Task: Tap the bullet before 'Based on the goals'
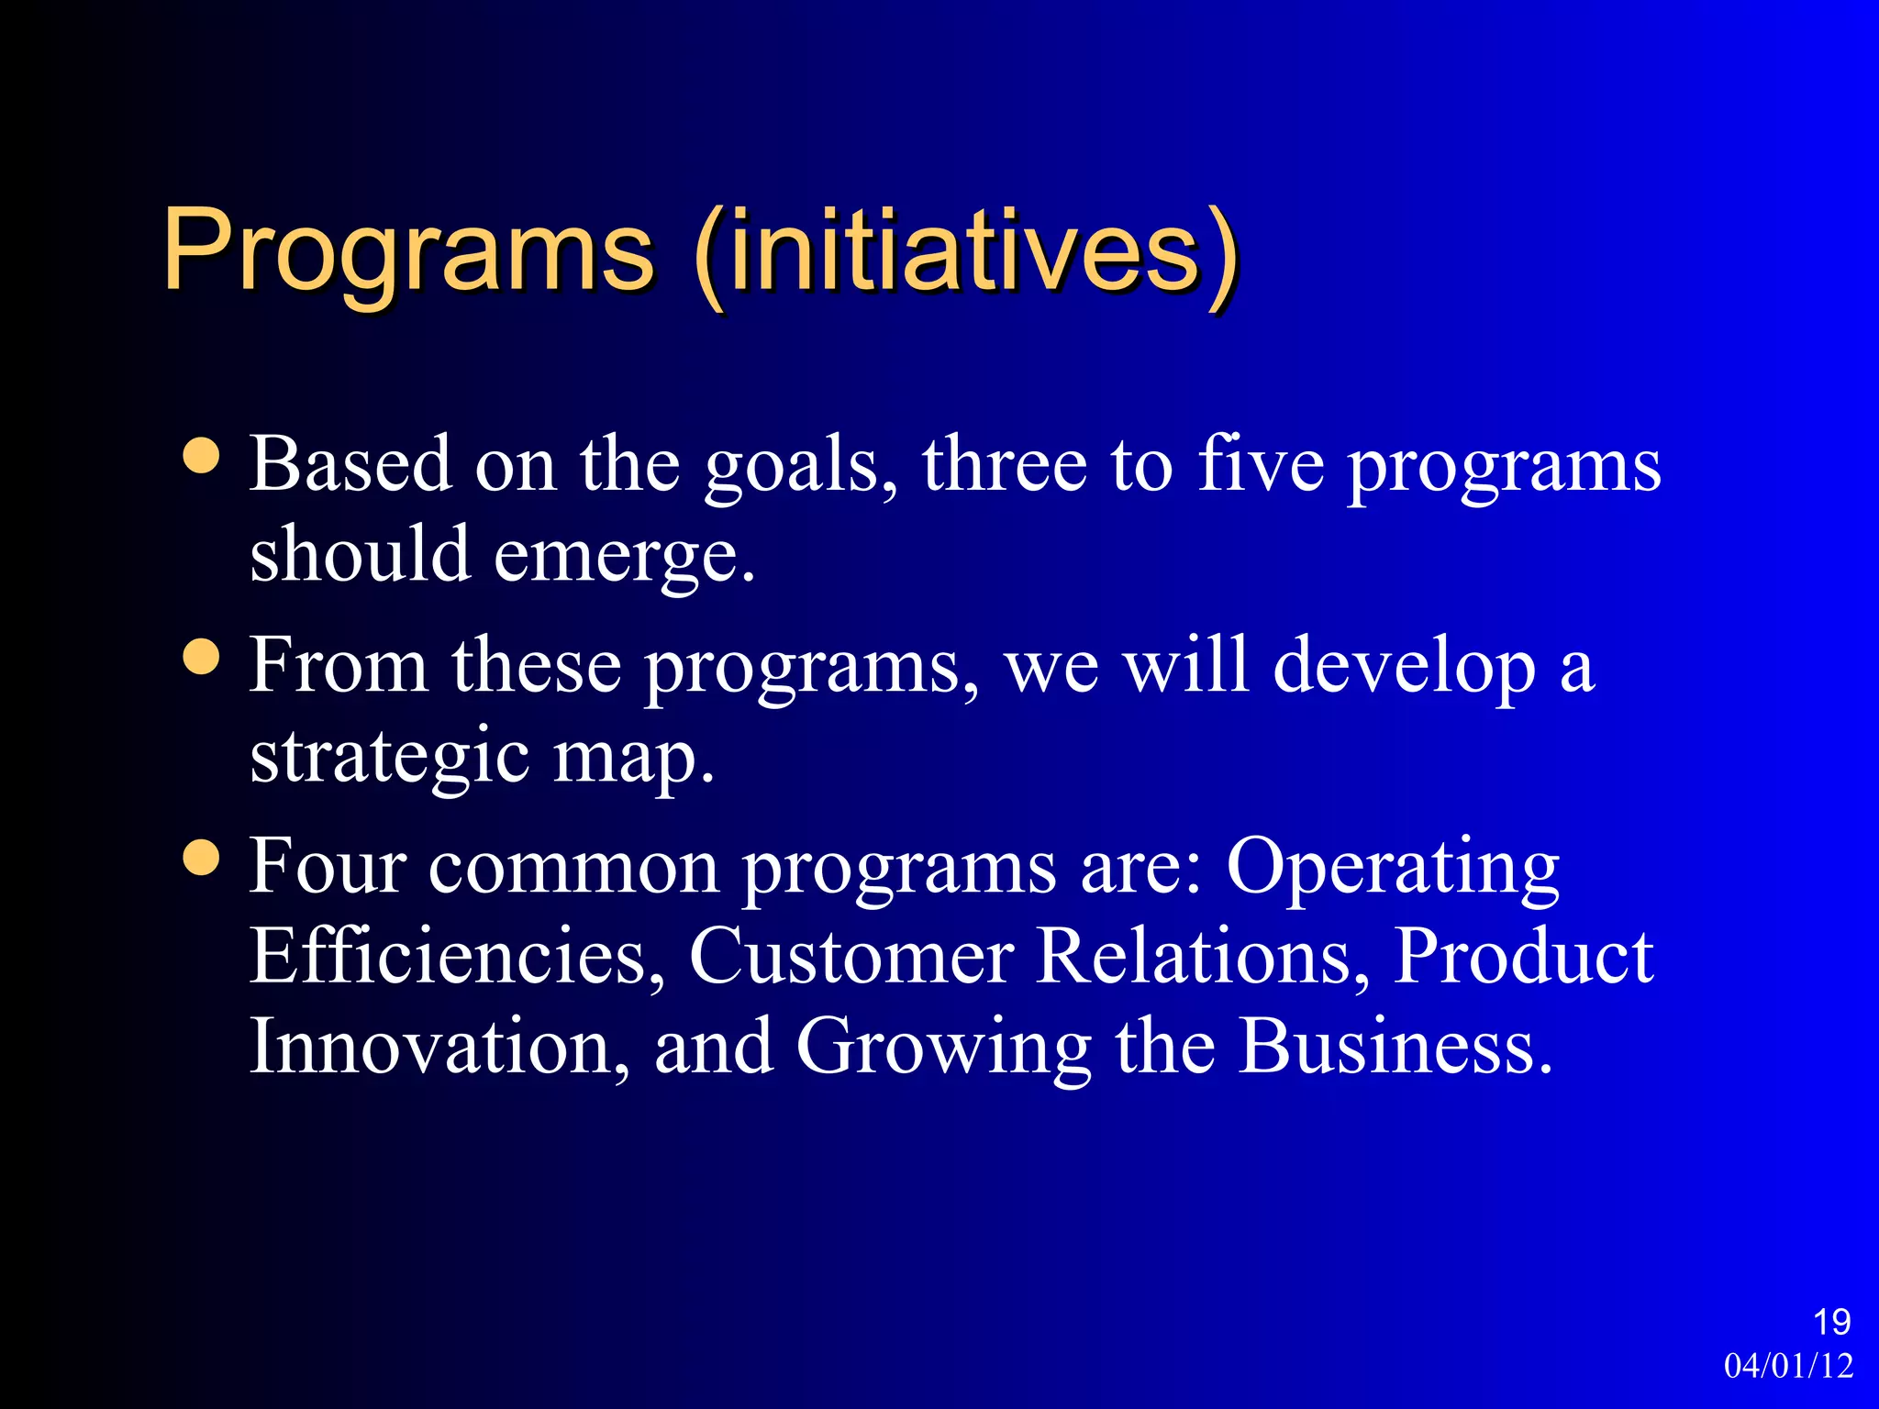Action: (x=201, y=456)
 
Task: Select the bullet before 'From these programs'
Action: (x=201, y=657)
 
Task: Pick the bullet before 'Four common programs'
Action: (x=201, y=858)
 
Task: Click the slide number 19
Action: (x=1831, y=1323)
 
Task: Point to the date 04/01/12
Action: (x=1788, y=1366)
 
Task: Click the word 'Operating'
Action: (x=1393, y=869)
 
